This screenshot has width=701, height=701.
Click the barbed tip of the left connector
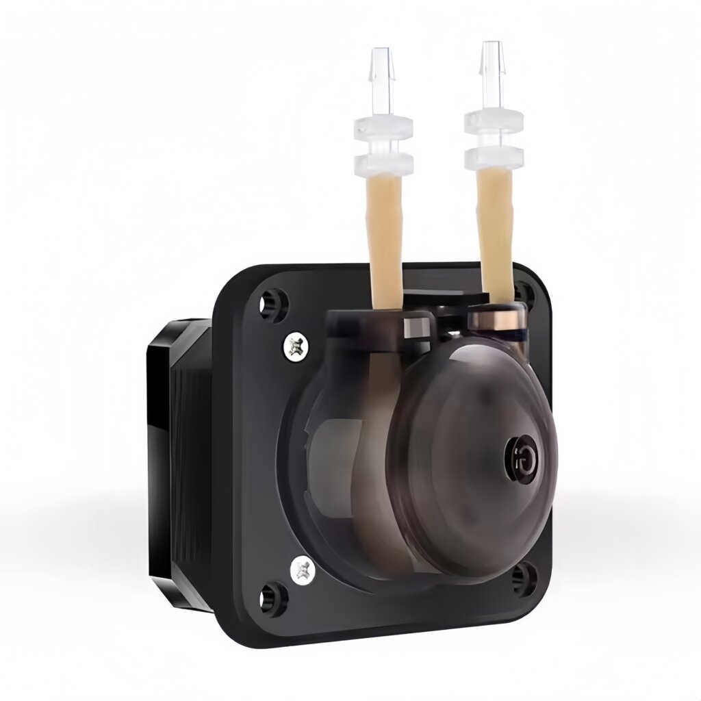point(382,65)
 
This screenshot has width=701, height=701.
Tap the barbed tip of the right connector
point(490,58)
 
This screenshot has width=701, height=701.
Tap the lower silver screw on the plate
point(302,568)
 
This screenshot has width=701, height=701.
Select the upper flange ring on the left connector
point(383,127)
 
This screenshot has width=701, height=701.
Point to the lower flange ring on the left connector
point(383,162)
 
